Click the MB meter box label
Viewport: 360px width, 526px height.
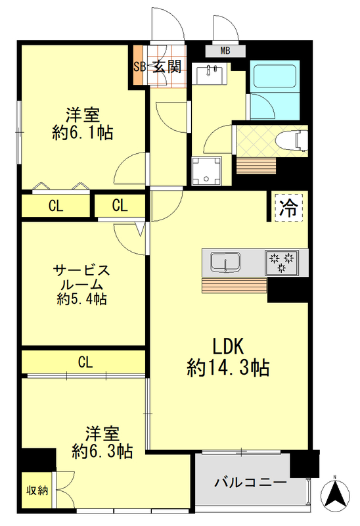(x=225, y=51)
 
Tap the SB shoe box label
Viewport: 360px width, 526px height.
(x=139, y=66)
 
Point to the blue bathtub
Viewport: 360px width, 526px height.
(x=275, y=78)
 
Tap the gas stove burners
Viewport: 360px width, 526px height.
(x=283, y=262)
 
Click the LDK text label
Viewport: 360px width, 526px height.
(x=228, y=345)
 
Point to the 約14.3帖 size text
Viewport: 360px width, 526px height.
(x=227, y=368)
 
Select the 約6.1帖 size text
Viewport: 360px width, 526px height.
(x=82, y=133)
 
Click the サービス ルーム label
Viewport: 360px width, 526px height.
(x=80, y=277)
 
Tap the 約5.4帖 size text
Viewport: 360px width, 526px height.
(x=80, y=299)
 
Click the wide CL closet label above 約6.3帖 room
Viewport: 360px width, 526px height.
(x=85, y=362)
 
